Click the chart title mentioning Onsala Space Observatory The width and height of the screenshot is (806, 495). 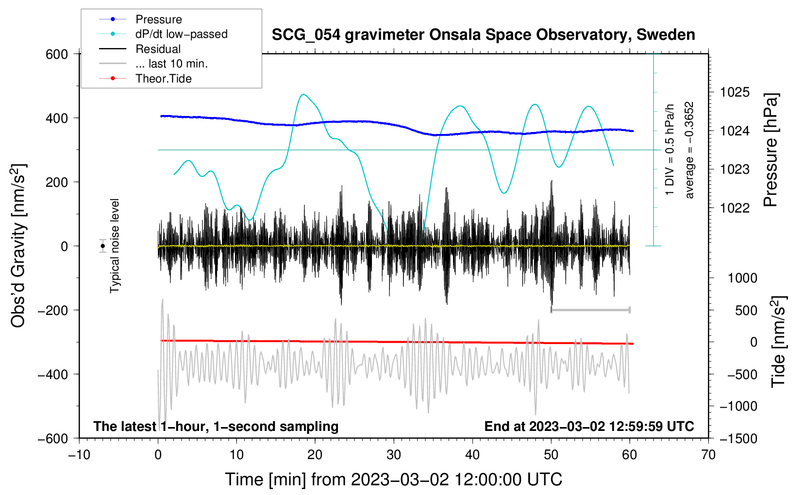(x=483, y=35)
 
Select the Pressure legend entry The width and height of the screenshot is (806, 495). (x=141, y=19)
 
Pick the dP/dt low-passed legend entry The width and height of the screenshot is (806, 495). (x=163, y=34)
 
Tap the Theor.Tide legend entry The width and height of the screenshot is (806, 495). (x=145, y=79)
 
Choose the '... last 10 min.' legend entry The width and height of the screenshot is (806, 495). (x=153, y=64)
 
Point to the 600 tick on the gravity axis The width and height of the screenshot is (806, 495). (x=57, y=54)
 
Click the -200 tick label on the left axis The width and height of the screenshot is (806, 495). (x=53, y=310)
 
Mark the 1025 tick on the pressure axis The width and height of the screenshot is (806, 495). (x=735, y=93)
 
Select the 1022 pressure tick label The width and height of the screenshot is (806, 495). (x=735, y=208)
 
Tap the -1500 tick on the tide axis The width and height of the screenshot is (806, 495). (x=739, y=439)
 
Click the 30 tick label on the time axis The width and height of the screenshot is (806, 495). (x=394, y=455)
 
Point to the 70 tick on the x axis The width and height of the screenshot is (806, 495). (x=708, y=455)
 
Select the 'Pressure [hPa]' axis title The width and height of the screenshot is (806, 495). (x=771, y=150)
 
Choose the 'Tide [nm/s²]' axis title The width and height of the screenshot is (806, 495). (x=779, y=342)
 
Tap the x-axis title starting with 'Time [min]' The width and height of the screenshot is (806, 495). (x=394, y=479)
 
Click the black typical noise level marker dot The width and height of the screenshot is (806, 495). (x=103, y=246)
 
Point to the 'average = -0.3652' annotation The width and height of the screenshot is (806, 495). (x=689, y=150)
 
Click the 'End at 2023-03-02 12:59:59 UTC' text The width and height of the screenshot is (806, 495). (x=589, y=426)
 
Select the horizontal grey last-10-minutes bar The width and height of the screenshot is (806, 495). (x=590, y=310)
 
